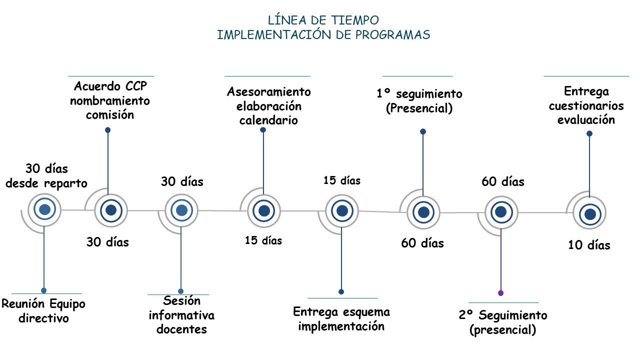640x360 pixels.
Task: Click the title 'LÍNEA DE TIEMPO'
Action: (323, 20)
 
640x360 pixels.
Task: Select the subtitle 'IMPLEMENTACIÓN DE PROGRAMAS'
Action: (323, 35)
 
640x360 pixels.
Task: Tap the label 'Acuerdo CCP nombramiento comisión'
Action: (110, 100)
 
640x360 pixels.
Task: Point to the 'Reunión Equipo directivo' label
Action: (43, 310)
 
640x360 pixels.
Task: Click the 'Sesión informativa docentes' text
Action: (181, 315)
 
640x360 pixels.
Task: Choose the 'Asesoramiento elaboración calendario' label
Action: (268, 106)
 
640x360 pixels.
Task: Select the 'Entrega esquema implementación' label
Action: (341, 319)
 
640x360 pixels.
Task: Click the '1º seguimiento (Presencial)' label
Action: (419, 101)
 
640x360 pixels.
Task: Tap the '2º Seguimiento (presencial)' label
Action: (503, 322)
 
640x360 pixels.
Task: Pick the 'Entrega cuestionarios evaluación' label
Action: (586, 105)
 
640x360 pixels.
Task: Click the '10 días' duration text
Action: (589, 245)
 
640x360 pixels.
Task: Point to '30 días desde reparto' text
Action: (46, 175)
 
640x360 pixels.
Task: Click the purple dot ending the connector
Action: (500, 293)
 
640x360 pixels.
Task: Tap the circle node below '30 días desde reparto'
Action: (44, 210)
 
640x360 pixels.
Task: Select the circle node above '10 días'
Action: (590, 214)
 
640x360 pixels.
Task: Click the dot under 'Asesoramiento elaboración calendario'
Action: (263, 130)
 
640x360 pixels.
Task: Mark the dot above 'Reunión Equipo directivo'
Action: (44, 290)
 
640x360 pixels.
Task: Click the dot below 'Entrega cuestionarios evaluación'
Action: (589, 133)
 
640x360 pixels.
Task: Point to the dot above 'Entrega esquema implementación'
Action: (341, 291)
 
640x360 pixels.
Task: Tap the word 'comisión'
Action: (110, 114)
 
